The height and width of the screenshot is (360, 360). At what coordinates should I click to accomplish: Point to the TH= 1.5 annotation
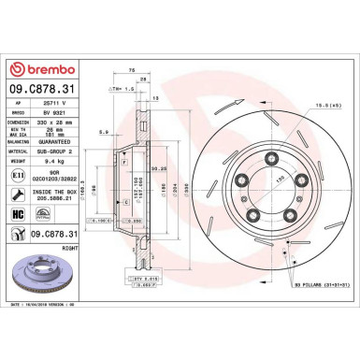coord(124,88)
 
